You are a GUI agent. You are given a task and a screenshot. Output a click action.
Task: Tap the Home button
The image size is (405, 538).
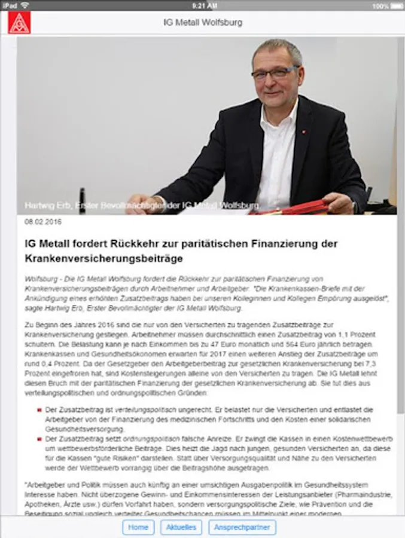[138, 527]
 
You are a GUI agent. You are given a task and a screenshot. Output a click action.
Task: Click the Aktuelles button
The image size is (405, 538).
[181, 527]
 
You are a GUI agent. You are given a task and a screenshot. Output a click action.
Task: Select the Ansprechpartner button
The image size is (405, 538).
[242, 527]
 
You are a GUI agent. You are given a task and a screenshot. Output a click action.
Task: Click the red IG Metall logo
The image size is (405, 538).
[19, 23]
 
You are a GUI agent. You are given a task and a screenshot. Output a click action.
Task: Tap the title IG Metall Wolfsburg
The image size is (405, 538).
[203, 23]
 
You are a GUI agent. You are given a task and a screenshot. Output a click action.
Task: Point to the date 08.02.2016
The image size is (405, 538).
[42, 222]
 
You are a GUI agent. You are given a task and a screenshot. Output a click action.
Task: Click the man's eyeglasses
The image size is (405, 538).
[274, 74]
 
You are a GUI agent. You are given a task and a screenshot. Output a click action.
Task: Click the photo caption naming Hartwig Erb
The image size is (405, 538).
[142, 206]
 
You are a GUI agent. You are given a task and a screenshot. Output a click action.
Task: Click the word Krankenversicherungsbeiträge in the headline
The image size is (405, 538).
[103, 259]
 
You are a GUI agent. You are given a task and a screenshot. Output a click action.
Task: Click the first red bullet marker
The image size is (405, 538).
[39, 410]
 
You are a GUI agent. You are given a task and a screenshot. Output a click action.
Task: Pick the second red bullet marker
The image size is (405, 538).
[39, 440]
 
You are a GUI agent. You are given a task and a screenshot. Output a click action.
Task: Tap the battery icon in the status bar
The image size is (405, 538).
[396, 5]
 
